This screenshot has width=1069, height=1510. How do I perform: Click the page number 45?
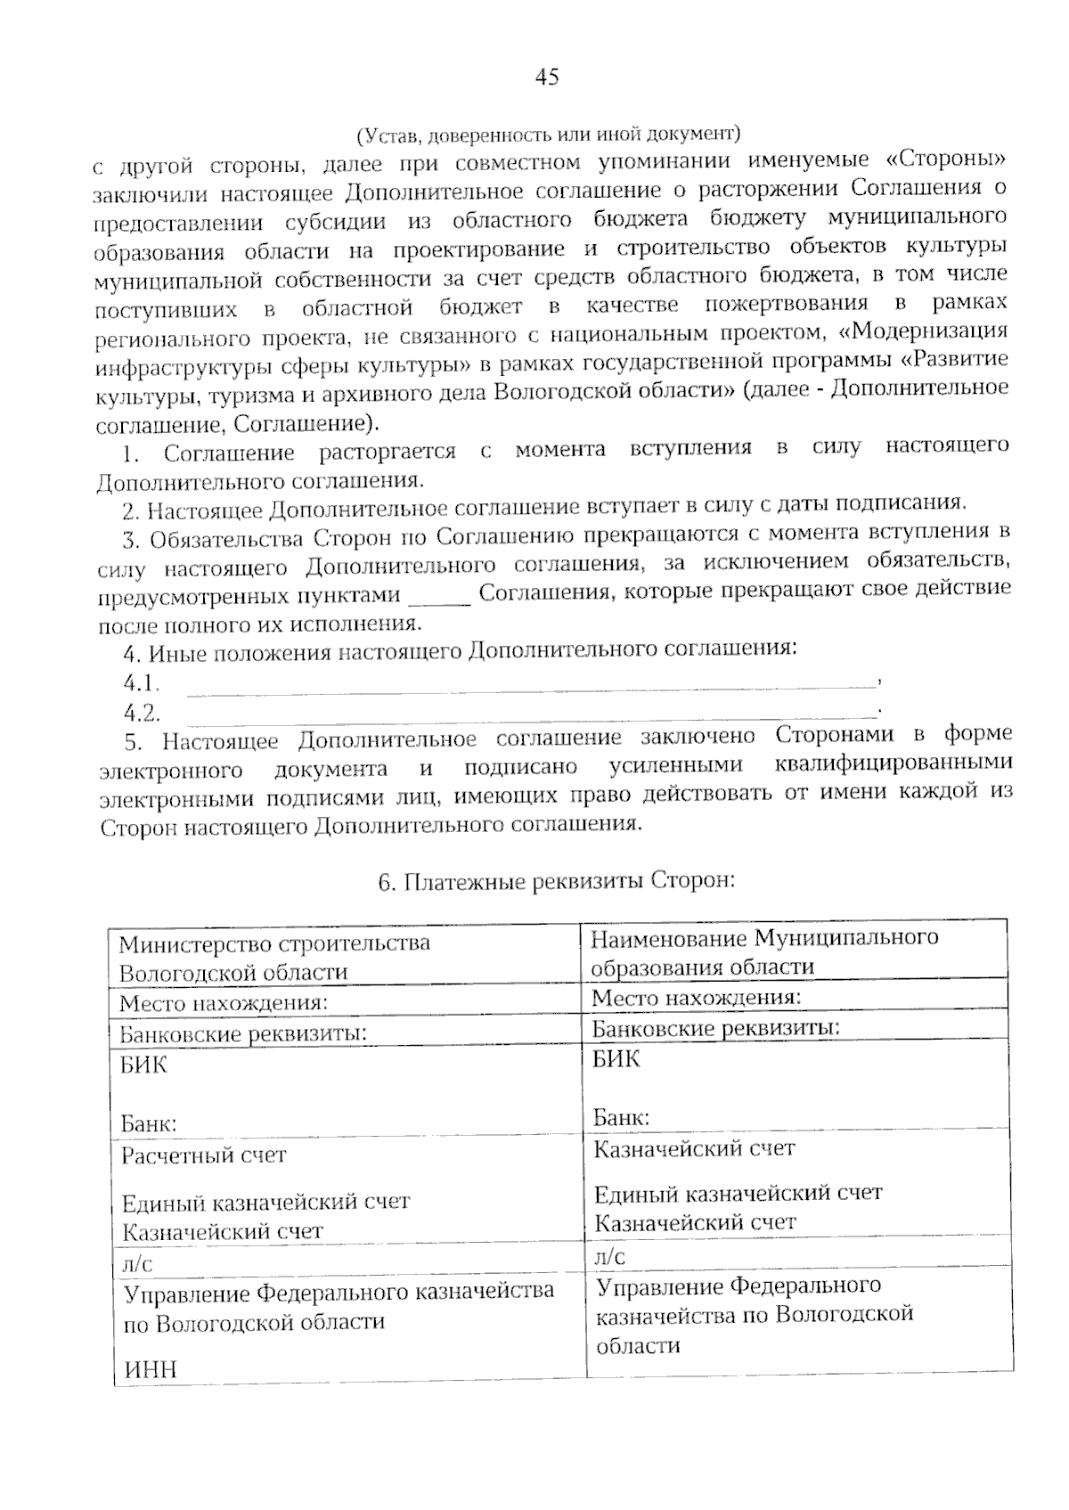[547, 78]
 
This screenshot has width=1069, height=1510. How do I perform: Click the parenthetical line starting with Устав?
[548, 135]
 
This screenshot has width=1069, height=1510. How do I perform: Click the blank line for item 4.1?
[531, 685]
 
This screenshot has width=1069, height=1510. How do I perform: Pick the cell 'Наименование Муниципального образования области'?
[764, 951]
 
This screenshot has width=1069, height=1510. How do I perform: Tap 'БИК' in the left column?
[143, 1065]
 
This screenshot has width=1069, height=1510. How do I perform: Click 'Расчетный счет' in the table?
[204, 1155]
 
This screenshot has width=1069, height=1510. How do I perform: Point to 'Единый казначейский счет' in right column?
[738, 1193]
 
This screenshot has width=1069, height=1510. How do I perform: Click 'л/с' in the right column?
[609, 1257]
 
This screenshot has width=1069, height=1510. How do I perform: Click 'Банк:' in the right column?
[621, 1117]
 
